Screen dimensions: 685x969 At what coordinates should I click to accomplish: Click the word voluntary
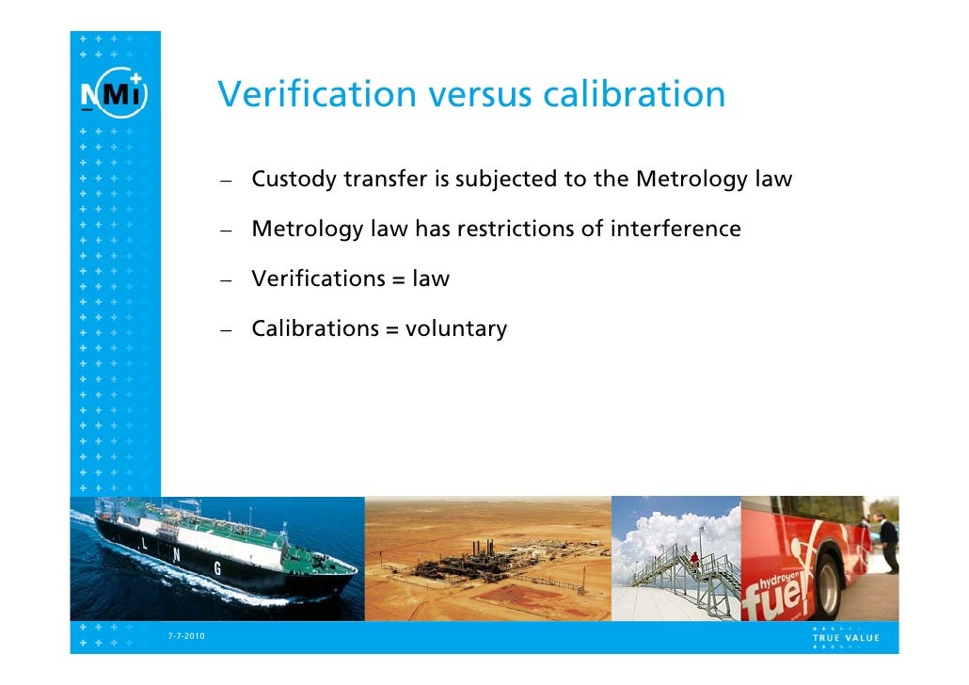click(456, 329)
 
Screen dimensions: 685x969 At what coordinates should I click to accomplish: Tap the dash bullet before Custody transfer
click(228, 181)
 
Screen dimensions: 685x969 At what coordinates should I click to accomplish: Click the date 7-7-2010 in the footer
click(186, 637)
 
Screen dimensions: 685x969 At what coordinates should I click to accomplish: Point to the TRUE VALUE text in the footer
click(846, 637)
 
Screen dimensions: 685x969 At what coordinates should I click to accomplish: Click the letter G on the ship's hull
click(217, 567)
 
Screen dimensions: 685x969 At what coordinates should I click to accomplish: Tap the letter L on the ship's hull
click(144, 545)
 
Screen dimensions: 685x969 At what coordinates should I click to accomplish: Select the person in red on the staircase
click(694, 562)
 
